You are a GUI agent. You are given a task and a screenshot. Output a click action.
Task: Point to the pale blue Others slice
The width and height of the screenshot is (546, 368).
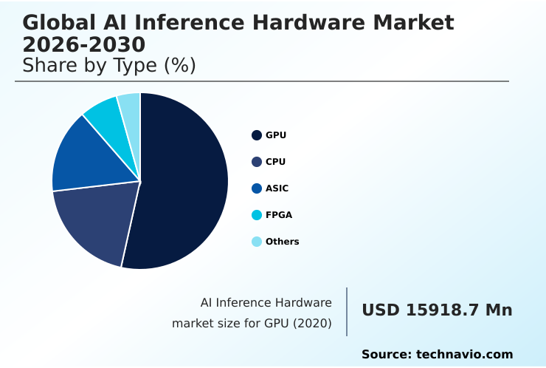pos(130,105)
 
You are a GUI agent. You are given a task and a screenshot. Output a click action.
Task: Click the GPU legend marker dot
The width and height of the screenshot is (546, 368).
pos(257,135)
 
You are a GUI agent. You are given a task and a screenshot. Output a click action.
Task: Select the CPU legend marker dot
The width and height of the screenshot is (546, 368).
pos(257,162)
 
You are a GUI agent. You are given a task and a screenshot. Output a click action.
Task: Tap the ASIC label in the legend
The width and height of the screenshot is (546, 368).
pos(277,188)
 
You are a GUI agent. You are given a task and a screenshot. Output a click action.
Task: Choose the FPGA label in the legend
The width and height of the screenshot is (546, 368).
pos(279,215)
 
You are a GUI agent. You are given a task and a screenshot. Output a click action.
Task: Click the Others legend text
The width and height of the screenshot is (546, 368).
pos(282,242)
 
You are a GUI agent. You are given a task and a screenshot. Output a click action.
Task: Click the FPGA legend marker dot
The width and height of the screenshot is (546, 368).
pos(257,215)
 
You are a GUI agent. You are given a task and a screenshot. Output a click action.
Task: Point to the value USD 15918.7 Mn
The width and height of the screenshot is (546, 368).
pos(437,310)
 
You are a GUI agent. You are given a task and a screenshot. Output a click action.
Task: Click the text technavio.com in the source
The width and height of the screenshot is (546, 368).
pos(464,355)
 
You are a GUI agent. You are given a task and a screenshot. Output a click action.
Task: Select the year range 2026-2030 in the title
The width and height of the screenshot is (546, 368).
pos(83,44)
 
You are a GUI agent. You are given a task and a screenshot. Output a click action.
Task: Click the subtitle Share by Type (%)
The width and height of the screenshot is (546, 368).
pos(108,65)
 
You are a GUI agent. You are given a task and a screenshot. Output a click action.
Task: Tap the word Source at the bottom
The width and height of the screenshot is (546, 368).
pos(386,355)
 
